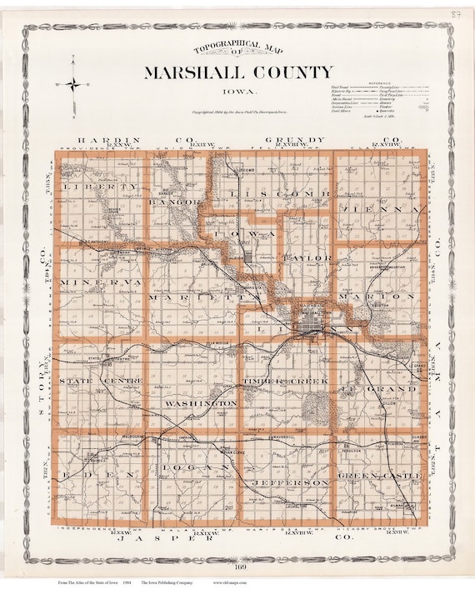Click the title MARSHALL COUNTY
pyautogui.click(x=238, y=72)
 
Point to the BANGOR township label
pyautogui.click(x=174, y=202)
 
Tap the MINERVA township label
pyautogui.click(x=91, y=283)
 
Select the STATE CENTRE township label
pyautogui.click(x=97, y=382)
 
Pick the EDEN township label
pyautogui.click(x=90, y=475)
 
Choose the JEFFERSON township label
pyautogui.click(x=290, y=482)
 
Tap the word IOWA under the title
pyautogui.click(x=238, y=93)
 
